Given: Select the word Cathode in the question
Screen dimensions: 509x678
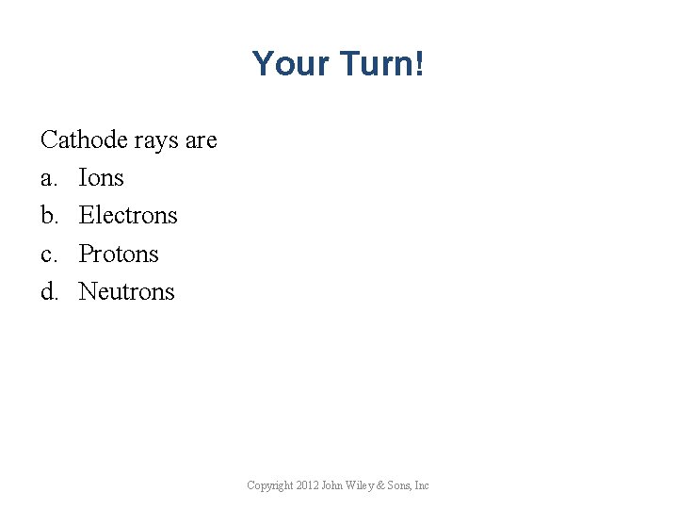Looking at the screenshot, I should point(84,140).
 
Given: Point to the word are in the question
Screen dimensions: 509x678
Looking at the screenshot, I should point(201,140).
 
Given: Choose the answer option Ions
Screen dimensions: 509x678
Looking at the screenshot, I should point(101,178).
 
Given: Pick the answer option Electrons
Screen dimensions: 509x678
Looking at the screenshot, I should point(128,216).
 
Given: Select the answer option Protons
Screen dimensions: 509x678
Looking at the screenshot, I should point(119,254).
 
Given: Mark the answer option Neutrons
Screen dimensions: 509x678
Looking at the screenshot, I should point(126,291).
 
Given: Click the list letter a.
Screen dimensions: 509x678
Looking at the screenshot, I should point(48,178).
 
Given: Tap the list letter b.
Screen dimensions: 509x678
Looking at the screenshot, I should point(48,216).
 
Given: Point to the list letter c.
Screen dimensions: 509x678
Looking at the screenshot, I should point(48,254).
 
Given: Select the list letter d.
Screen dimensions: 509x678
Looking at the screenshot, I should point(48,291).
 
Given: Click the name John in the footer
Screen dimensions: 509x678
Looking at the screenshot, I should point(332,485).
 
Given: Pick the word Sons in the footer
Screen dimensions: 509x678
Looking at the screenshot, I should point(401,485).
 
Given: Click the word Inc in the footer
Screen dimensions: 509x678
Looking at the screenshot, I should point(422,485).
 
